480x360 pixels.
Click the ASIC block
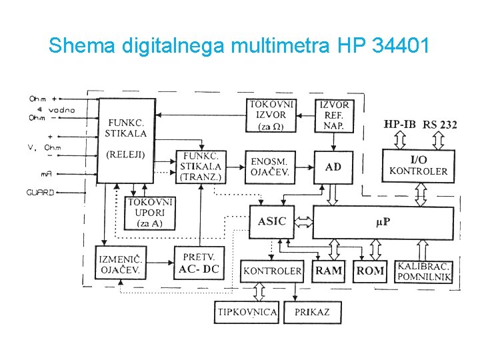pos(271,221)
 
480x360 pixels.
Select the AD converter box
pos(333,167)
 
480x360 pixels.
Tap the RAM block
pos(329,271)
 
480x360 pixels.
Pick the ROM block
pos(370,271)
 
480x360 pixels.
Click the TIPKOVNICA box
pos(246,311)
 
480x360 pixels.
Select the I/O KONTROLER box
pos(418,165)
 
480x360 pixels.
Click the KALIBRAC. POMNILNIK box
pos(424,271)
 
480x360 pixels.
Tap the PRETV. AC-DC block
pos(199,263)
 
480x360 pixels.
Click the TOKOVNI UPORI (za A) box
pos(151,213)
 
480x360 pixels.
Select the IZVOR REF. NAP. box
pos(334,115)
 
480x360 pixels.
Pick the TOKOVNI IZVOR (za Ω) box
pos(271,115)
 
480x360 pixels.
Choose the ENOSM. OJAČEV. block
pos(270,167)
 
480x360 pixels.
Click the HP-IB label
pos(400,124)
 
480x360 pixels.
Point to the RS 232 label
pos(440,125)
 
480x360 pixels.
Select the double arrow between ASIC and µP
pos(303,221)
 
